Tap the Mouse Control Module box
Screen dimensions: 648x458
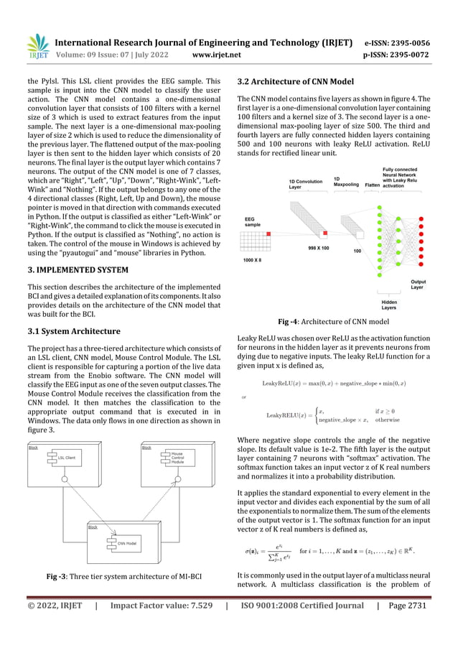tap(176, 458)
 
